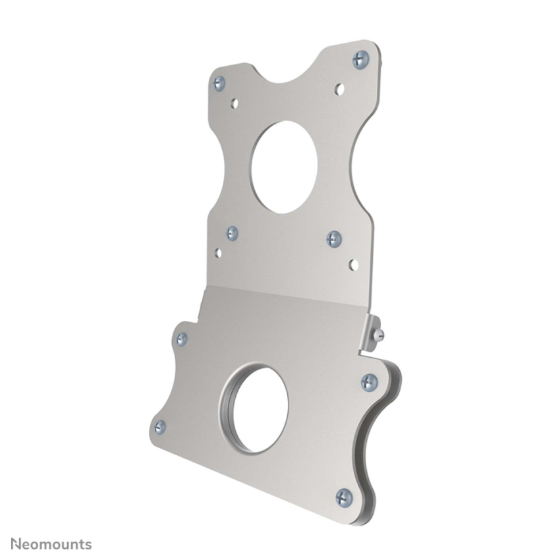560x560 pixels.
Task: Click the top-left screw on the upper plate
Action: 219,82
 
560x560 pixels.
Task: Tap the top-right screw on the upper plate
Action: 360,59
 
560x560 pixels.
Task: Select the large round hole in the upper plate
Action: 284,167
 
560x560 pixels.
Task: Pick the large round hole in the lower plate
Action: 254,410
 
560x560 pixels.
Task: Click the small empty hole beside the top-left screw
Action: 235,103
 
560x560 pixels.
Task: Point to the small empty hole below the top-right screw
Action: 339,89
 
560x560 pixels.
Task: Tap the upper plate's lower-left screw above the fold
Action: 232,233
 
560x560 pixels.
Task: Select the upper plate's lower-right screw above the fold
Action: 334,238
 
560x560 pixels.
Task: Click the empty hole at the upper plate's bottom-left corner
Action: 217,252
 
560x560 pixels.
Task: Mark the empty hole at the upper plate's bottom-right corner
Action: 353,265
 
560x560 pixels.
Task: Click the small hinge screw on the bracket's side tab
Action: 377,335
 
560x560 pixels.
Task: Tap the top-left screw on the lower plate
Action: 181,339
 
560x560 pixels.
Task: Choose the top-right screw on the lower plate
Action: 370,382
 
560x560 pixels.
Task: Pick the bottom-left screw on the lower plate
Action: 160,427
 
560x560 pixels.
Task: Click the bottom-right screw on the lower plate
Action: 344,497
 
